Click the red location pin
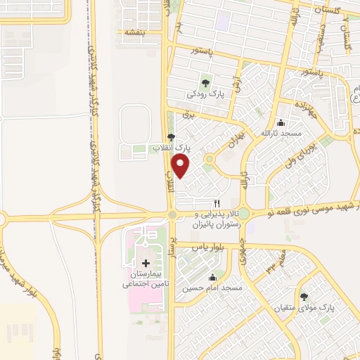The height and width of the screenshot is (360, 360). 181,167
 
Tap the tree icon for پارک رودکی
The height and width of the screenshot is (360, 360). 207,81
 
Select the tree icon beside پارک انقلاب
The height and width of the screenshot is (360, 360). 170,138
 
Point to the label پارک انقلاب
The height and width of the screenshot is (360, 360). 172,148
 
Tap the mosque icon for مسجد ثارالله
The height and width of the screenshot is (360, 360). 280,122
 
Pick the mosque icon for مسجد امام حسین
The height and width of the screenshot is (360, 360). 213,277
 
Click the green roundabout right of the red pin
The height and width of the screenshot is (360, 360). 209,159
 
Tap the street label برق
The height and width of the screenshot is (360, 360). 187,112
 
